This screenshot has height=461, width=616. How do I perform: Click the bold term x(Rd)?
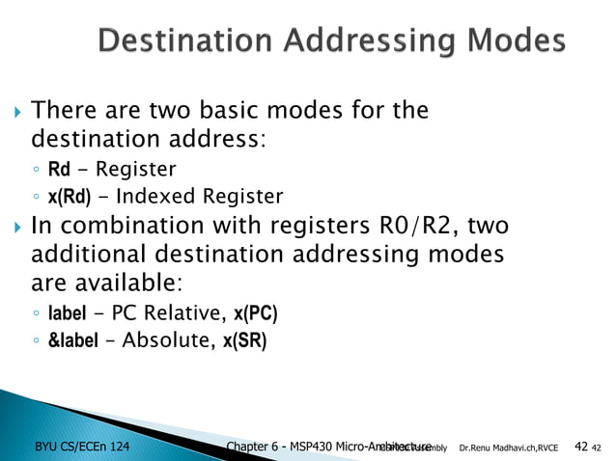point(70,198)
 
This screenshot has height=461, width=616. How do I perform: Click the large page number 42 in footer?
point(580,446)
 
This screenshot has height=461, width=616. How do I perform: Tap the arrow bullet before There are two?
point(14,111)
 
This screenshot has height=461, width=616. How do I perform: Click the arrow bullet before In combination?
point(14,228)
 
